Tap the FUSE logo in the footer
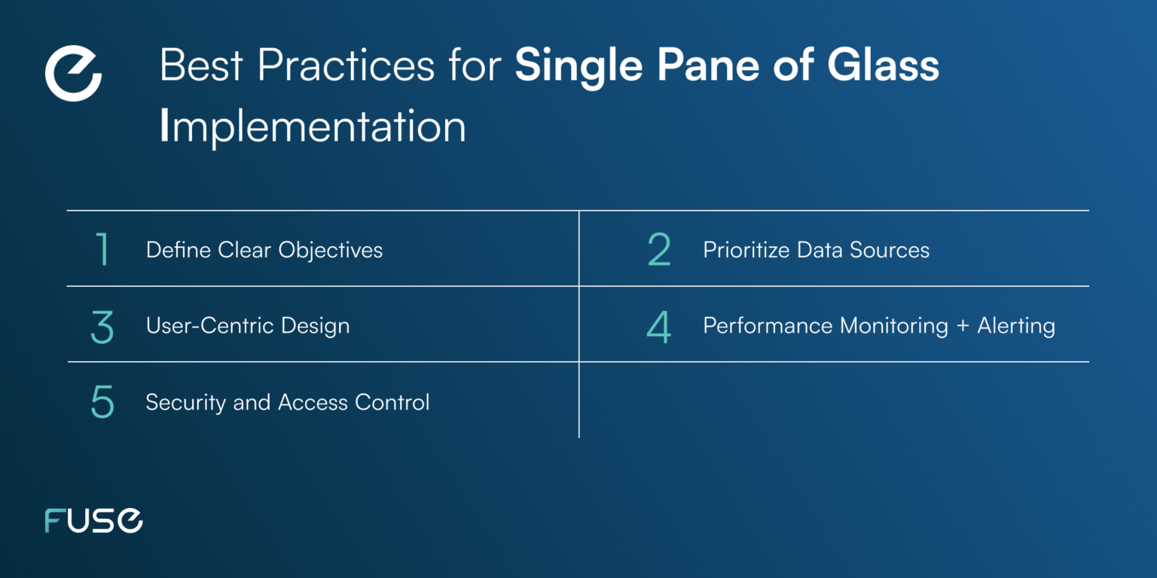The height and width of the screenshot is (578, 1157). tap(93, 521)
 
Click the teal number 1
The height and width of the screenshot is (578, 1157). tap(102, 250)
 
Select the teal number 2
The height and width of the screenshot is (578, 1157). tap(659, 250)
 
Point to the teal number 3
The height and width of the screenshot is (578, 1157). tap(102, 327)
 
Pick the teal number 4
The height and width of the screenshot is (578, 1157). tap(659, 327)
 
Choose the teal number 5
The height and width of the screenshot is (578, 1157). tap(102, 403)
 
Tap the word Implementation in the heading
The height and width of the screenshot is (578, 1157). tap(313, 126)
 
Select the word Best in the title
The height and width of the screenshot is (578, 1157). tap(202, 66)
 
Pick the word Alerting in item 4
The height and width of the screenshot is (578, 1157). tap(1016, 327)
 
